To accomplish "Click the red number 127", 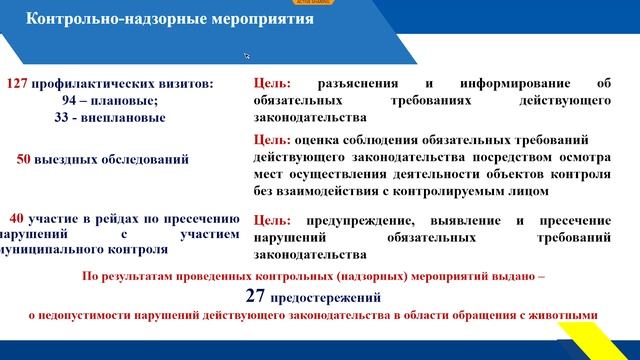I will [21, 84].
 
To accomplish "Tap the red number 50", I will [27, 158].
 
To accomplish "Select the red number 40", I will [19, 218].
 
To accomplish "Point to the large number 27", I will [257, 295].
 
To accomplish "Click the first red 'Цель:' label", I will [273, 85].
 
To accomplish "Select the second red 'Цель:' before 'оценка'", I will [273, 140].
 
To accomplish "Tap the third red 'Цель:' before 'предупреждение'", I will [273, 220].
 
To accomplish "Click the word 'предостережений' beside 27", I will [332, 297].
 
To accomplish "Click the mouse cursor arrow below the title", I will [246, 56].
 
